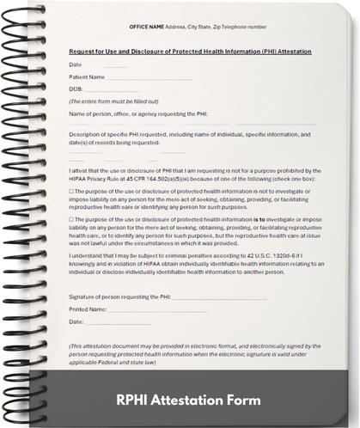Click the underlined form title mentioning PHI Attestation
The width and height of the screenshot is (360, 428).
point(190,52)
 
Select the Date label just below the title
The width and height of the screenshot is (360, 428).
point(75,64)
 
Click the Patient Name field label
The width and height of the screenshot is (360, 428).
point(88,76)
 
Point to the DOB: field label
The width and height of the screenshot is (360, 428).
point(76,89)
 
